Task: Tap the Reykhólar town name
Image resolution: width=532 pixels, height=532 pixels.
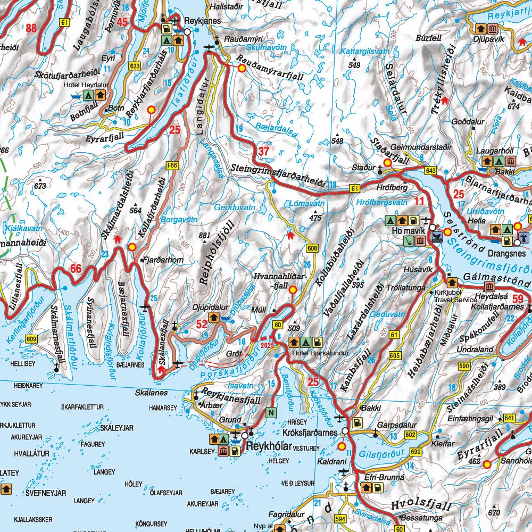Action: [x=272, y=446]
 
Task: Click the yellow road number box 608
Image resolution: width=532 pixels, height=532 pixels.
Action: [x=312, y=248]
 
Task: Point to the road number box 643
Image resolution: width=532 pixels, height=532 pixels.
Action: [x=430, y=170]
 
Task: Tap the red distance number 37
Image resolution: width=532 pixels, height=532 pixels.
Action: [x=264, y=151]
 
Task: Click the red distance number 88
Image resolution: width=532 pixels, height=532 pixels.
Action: [x=31, y=28]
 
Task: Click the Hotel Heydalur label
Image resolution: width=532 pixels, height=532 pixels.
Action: [x=86, y=85]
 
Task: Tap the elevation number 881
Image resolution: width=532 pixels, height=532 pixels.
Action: [x=204, y=236]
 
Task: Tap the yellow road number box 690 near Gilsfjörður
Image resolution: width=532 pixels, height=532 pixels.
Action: [x=415, y=452]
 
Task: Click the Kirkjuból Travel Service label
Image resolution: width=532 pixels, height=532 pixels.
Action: [x=455, y=296]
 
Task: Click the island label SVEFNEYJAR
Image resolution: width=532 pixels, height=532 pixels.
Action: [x=46, y=493]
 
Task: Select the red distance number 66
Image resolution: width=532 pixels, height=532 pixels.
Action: [x=76, y=269]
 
